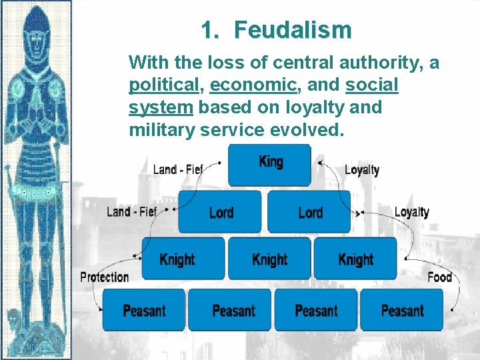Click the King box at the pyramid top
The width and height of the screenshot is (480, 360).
click(269, 164)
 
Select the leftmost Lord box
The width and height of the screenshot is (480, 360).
click(220, 212)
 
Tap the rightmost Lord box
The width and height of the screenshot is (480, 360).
click(309, 212)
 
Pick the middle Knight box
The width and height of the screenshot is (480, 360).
click(269, 259)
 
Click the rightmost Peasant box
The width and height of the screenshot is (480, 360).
click(401, 310)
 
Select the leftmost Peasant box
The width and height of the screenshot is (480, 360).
click(144, 310)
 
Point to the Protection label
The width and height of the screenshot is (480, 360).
click(105, 277)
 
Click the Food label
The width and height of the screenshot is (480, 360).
click(439, 276)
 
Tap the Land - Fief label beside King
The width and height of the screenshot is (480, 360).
click(177, 169)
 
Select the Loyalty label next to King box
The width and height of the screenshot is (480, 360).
click(362, 169)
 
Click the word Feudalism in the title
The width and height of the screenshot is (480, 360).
click(293, 30)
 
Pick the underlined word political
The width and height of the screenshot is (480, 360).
click(164, 85)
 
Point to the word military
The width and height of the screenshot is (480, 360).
click(161, 130)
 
